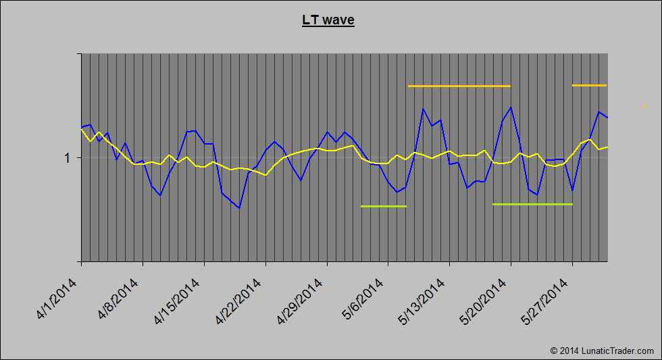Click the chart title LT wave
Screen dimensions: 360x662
pyautogui.click(x=328, y=20)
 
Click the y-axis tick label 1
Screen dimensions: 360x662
pyautogui.click(x=68, y=158)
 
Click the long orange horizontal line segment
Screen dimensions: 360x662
pyautogui.click(x=459, y=86)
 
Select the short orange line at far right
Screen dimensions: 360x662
pyautogui.click(x=589, y=85)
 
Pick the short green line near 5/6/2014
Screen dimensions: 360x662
pyautogui.click(x=384, y=206)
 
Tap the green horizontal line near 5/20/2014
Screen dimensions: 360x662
pyautogui.click(x=532, y=204)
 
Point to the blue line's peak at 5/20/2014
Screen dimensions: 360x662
pyautogui.click(x=511, y=107)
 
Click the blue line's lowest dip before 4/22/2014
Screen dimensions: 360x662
pyautogui.click(x=239, y=208)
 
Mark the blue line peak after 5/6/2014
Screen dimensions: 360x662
pyautogui.click(x=423, y=108)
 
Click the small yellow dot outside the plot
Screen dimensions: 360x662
pyautogui.click(x=644, y=106)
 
